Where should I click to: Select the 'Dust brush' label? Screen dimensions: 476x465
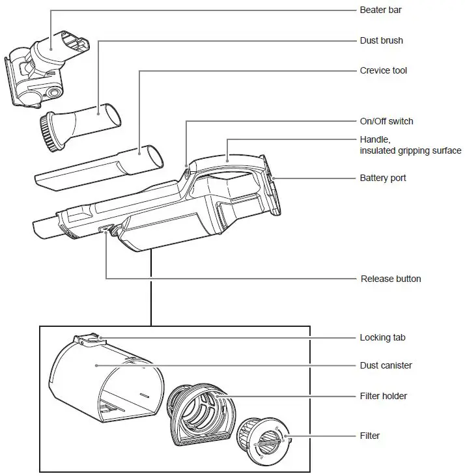(x=381, y=40)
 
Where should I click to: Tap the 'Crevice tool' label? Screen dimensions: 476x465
(x=383, y=70)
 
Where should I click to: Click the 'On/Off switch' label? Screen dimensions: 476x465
(x=386, y=121)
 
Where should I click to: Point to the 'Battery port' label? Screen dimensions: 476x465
(x=383, y=178)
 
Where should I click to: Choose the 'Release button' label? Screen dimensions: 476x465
(x=391, y=279)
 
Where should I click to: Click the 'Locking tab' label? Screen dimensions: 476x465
(x=382, y=337)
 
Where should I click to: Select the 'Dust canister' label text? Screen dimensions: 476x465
(x=386, y=365)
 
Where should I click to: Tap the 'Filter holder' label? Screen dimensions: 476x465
(x=383, y=396)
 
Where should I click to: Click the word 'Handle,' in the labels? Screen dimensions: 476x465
(x=375, y=139)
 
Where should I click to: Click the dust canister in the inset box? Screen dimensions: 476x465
(x=98, y=378)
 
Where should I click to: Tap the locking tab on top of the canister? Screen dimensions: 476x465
(x=88, y=339)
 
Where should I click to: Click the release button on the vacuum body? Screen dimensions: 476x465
(x=106, y=229)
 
